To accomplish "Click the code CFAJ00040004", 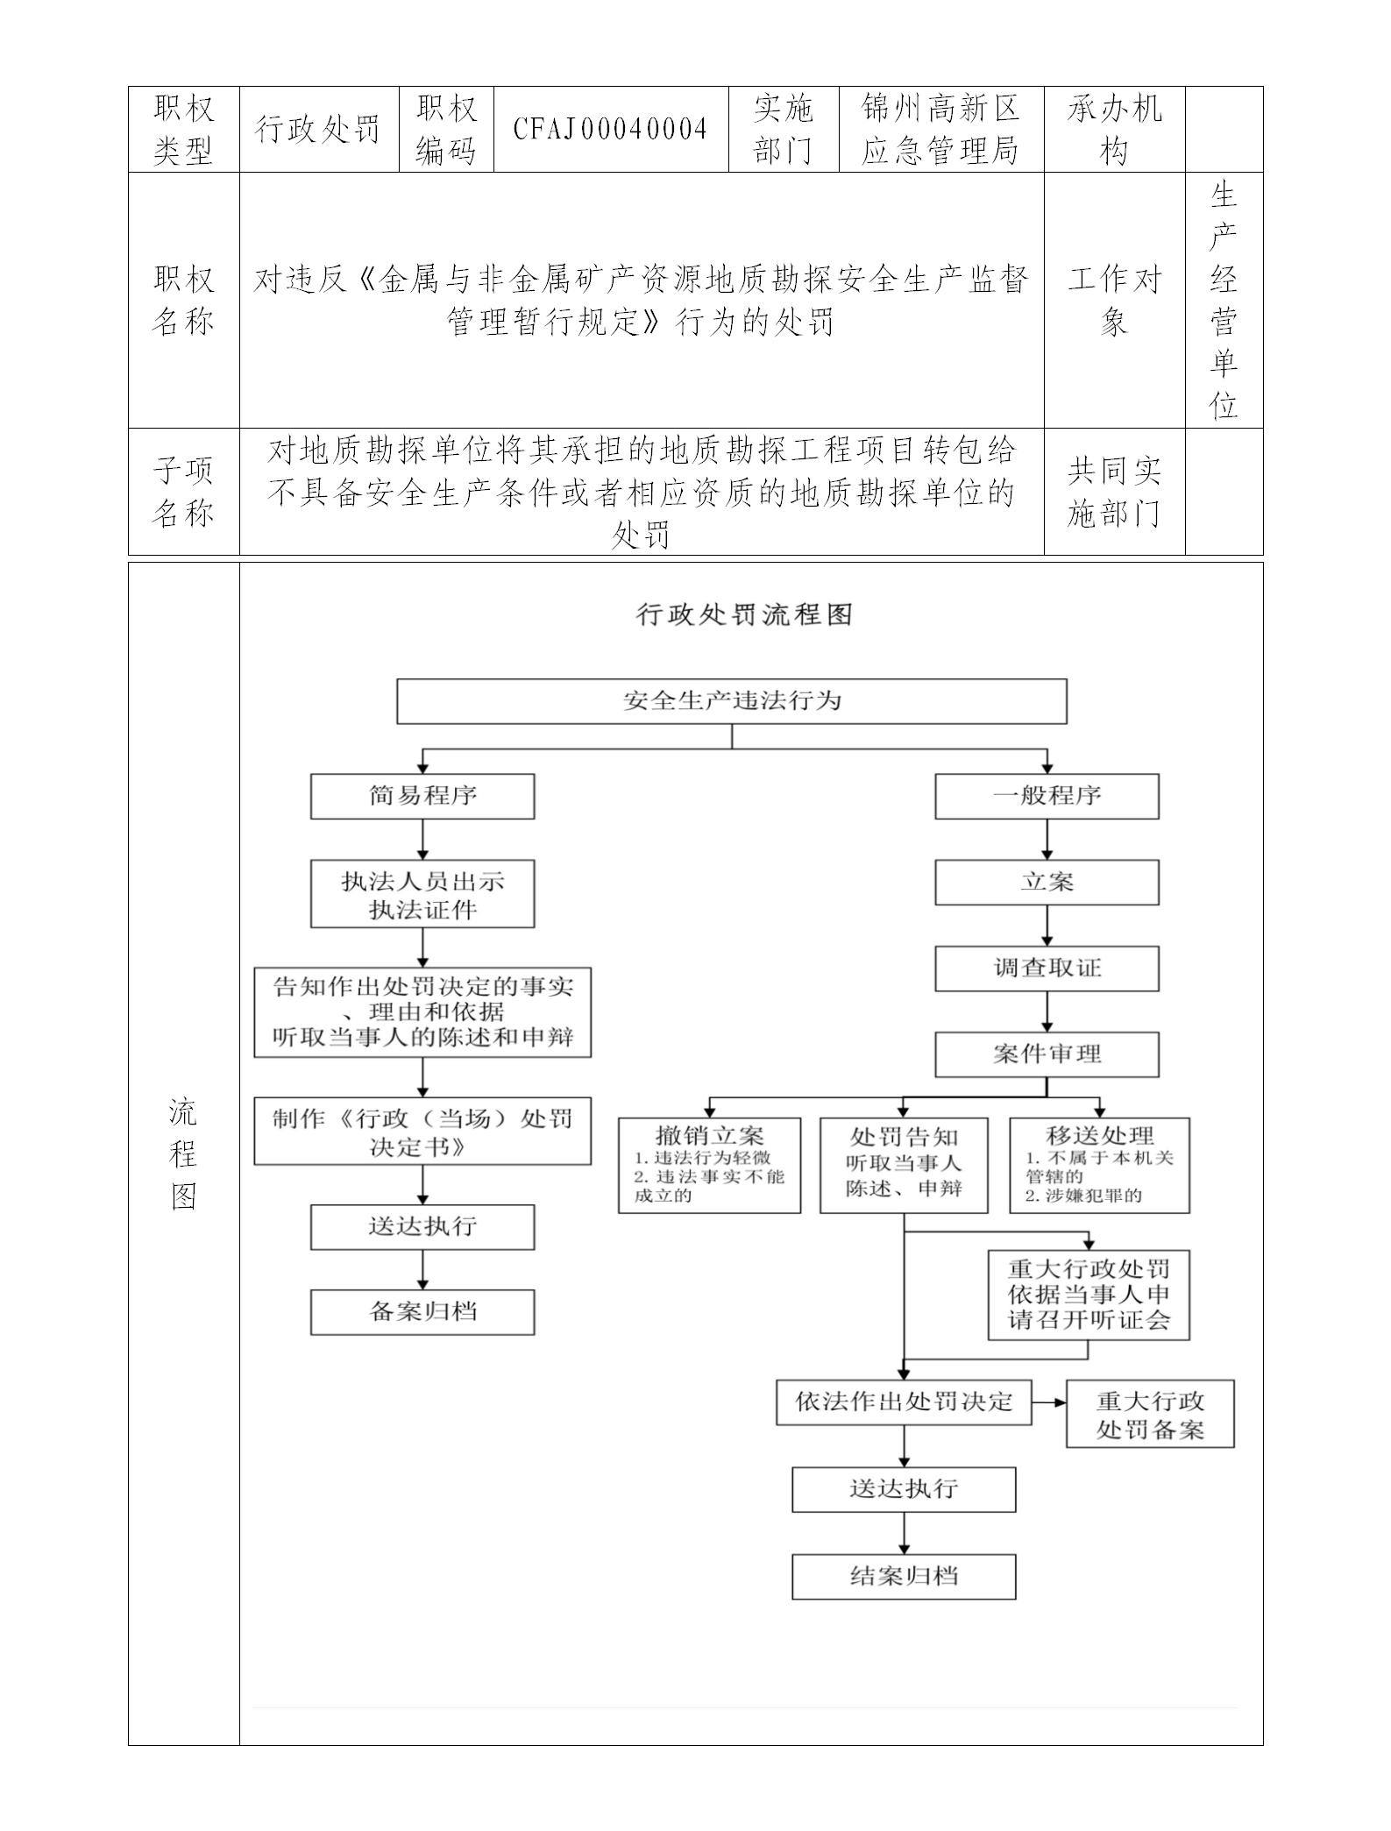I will pyautogui.click(x=610, y=130).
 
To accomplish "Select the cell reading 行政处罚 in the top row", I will pyautogui.click(x=318, y=130).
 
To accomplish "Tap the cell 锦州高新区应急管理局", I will pyautogui.click(x=940, y=130).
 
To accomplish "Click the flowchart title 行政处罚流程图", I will pyautogui.click(x=743, y=615).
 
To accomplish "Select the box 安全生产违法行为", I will pyautogui.click(x=731, y=701).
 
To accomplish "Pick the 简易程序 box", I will pyautogui.click(x=422, y=796).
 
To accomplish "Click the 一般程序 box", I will pyautogui.click(x=1047, y=796).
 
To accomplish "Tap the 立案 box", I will pyautogui.click(x=1047, y=882).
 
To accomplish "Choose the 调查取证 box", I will pyautogui.click(x=1047, y=969).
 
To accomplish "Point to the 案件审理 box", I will pyautogui.click(x=1047, y=1054).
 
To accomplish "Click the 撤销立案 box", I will pyautogui.click(x=709, y=1165).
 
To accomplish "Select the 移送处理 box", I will pyautogui.click(x=1099, y=1165).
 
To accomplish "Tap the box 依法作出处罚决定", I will pyautogui.click(x=904, y=1402).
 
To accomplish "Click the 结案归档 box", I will pyautogui.click(x=904, y=1577).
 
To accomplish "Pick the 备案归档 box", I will pyautogui.click(x=422, y=1312).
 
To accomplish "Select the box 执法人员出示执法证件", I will pyautogui.click(x=422, y=895).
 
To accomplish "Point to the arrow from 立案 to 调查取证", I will pyautogui.click(x=1047, y=926).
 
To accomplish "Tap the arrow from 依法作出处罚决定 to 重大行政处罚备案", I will pyautogui.click(x=1049, y=1402).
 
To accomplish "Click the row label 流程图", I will pyautogui.click(x=183, y=1154).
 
